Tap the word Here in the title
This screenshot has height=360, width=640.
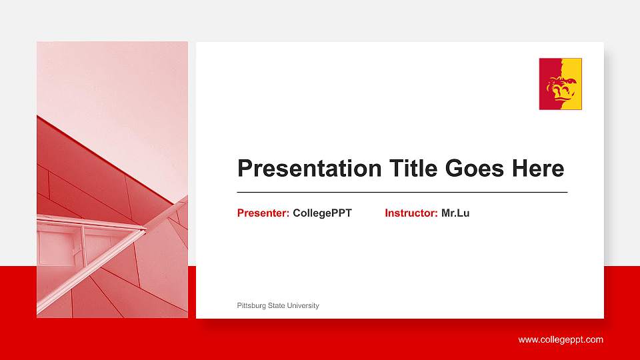tap(538, 169)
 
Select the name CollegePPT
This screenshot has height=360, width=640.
tap(322, 213)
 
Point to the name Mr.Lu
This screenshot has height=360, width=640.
tap(455, 213)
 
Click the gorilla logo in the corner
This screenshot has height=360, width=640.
tap(560, 84)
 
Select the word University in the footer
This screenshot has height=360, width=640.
tap(303, 306)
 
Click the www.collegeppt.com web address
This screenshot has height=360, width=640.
tap(561, 340)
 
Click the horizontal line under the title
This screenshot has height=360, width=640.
tap(402, 192)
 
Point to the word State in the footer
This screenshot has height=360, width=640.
tap(277, 306)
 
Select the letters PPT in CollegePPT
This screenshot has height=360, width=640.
tap(341, 213)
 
